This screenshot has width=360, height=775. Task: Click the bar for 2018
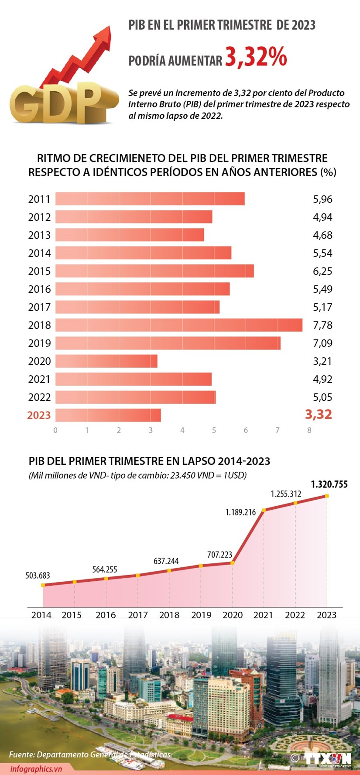(179, 325)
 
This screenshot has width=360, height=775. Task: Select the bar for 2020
(106, 361)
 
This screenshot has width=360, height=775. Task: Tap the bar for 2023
(108, 415)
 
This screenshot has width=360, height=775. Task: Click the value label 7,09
(322, 343)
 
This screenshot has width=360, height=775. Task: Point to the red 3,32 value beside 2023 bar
(319, 415)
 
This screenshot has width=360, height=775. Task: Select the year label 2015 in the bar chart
(39, 271)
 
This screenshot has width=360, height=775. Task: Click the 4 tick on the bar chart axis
(182, 430)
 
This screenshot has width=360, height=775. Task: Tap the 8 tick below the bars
(309, 430)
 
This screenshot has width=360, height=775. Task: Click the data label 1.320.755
(329, 484)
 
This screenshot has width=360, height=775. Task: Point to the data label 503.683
(38, 576)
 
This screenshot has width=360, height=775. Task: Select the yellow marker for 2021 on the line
(264, 510)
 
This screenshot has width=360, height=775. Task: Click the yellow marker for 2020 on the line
(232, 562)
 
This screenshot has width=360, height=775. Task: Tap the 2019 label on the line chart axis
(201, 615)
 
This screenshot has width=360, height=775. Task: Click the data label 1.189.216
(240, 512)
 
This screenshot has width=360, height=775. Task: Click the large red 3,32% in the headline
(256, 57)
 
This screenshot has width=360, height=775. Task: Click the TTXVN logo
(328, 758)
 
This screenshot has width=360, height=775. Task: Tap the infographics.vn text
(36, 769)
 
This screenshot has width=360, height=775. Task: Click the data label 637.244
(166, 561)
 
